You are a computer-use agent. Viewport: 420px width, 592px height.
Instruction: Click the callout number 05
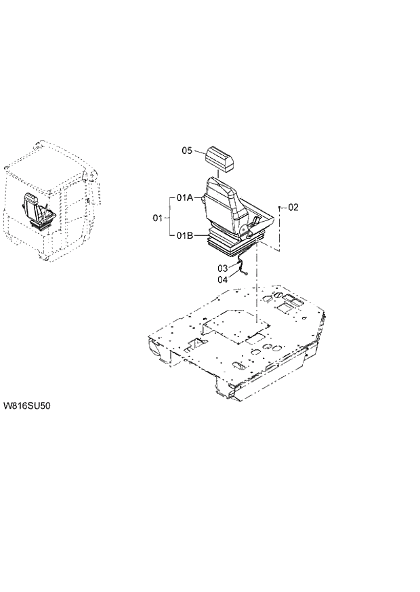(x=188, y=151)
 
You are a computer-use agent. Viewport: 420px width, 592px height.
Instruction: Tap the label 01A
(x=185, y=197)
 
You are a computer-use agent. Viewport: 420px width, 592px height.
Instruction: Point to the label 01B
(x=185, y=235)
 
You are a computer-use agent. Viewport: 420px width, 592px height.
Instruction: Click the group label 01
(x=158, y=218)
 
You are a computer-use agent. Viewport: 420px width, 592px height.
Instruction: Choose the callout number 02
(x=293, y=207)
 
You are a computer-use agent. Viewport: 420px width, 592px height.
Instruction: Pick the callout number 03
(x=223, y=269)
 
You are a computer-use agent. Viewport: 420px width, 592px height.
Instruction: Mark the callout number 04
(x=223, y=279)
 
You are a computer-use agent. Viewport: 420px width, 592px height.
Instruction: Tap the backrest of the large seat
(x=221, y=200)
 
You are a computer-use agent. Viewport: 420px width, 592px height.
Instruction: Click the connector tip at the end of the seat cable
(x=246, y=274)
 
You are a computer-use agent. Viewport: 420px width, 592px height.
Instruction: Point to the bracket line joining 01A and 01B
(x=169, y=216)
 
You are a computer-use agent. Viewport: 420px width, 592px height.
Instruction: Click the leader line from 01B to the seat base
(x=201, y=235)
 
